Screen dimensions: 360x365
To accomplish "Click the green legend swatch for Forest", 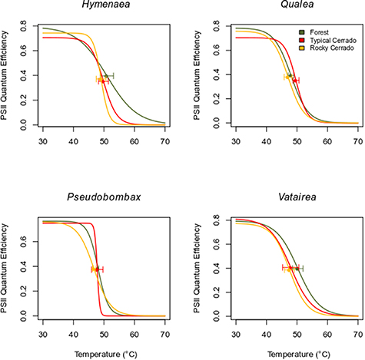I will (302, 31).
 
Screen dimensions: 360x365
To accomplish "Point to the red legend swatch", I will (302, 39).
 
